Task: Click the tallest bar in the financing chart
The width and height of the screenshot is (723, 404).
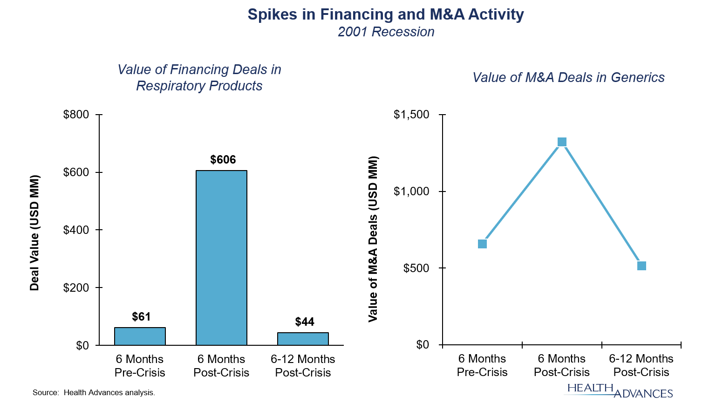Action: [221, 258]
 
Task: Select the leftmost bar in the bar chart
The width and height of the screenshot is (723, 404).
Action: [140, 336]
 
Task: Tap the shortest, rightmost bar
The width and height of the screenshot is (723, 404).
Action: [303, 339]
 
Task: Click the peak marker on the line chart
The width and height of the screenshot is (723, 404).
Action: [562, 142]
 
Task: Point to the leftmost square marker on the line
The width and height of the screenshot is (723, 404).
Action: [482, 244]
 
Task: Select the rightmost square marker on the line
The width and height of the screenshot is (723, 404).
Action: [641, 266]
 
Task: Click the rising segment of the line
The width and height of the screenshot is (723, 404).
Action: [522, 193]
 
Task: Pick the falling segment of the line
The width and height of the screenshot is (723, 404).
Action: [602, 204]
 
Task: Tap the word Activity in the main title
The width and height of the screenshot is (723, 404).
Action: [496, 14]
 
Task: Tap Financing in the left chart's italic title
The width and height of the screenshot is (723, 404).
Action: [199, 69]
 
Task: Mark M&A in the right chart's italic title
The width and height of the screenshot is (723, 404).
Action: [539, 77]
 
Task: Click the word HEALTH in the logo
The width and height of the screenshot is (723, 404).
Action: [590, 388]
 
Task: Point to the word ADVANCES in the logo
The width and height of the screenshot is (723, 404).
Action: [643, 394]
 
